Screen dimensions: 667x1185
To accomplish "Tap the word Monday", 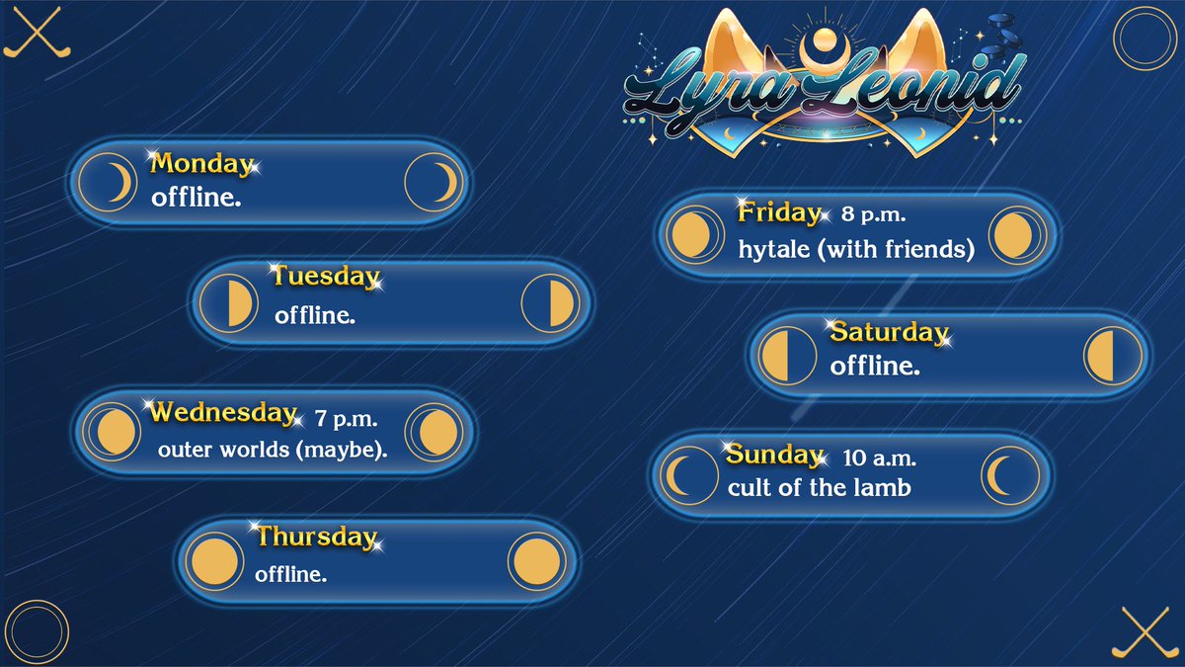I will click(201, 164).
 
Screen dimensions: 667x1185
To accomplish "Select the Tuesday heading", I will click(325, 277).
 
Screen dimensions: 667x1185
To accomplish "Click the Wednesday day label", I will click(223, 412).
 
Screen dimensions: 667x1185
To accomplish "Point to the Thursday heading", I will click(316, 538).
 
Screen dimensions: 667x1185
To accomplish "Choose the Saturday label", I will click(888, 332).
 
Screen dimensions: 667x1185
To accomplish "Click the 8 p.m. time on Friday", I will click(874, 213).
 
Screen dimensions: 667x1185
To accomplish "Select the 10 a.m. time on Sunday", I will click(879, 459).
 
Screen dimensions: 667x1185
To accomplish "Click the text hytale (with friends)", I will click(856, 250).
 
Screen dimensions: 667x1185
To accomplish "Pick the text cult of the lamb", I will click(819, 487).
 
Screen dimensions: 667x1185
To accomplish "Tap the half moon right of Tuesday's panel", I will click(550, 302).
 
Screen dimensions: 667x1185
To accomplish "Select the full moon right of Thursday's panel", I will click(537, 562).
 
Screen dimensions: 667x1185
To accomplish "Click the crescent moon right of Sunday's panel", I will click(1010, 476).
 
